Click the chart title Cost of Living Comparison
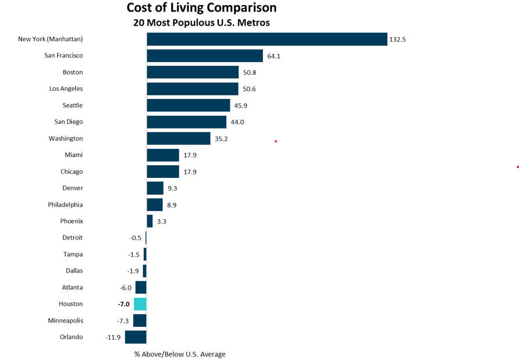click(x=201, y=8)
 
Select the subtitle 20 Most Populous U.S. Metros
click(x=201, y=23)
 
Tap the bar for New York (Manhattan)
click(x=266, y=39)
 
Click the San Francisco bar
click(x=205, y=56)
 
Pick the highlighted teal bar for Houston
click(x=140, y=304)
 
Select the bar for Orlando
click(x=136, y=337)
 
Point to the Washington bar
click(x=178, y=138)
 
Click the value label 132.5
click(x=397, y=40)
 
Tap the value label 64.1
click(x=273, y=56)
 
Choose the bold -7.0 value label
click(x=123, y=304)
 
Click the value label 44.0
click(x=237, y=122)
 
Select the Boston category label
click(x=73, y=72)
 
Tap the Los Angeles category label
click(x=66, y=89)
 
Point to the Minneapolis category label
click(x=66, y=320)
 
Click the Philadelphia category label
click(x=65, y=205)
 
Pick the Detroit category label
click(x=73, y=238)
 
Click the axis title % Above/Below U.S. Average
click(x=180, y=354)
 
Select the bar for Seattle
click(x=189, y=105)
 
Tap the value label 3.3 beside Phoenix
click(x=161, y=222)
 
